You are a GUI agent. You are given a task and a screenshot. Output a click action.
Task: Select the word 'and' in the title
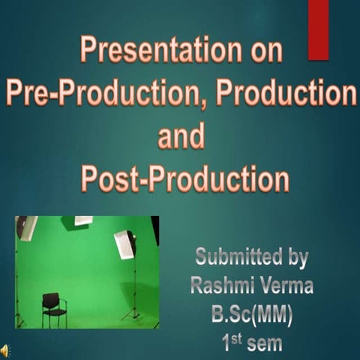[x=180, y=136]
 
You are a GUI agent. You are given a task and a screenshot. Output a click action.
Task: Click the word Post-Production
[x=184, y=180]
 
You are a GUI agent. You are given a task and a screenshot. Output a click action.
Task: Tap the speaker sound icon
[x=6, y=350]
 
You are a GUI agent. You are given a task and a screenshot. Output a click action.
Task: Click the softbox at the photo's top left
[x=26, y=227]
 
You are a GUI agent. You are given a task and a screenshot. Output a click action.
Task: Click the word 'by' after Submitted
[x=295, y=258]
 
